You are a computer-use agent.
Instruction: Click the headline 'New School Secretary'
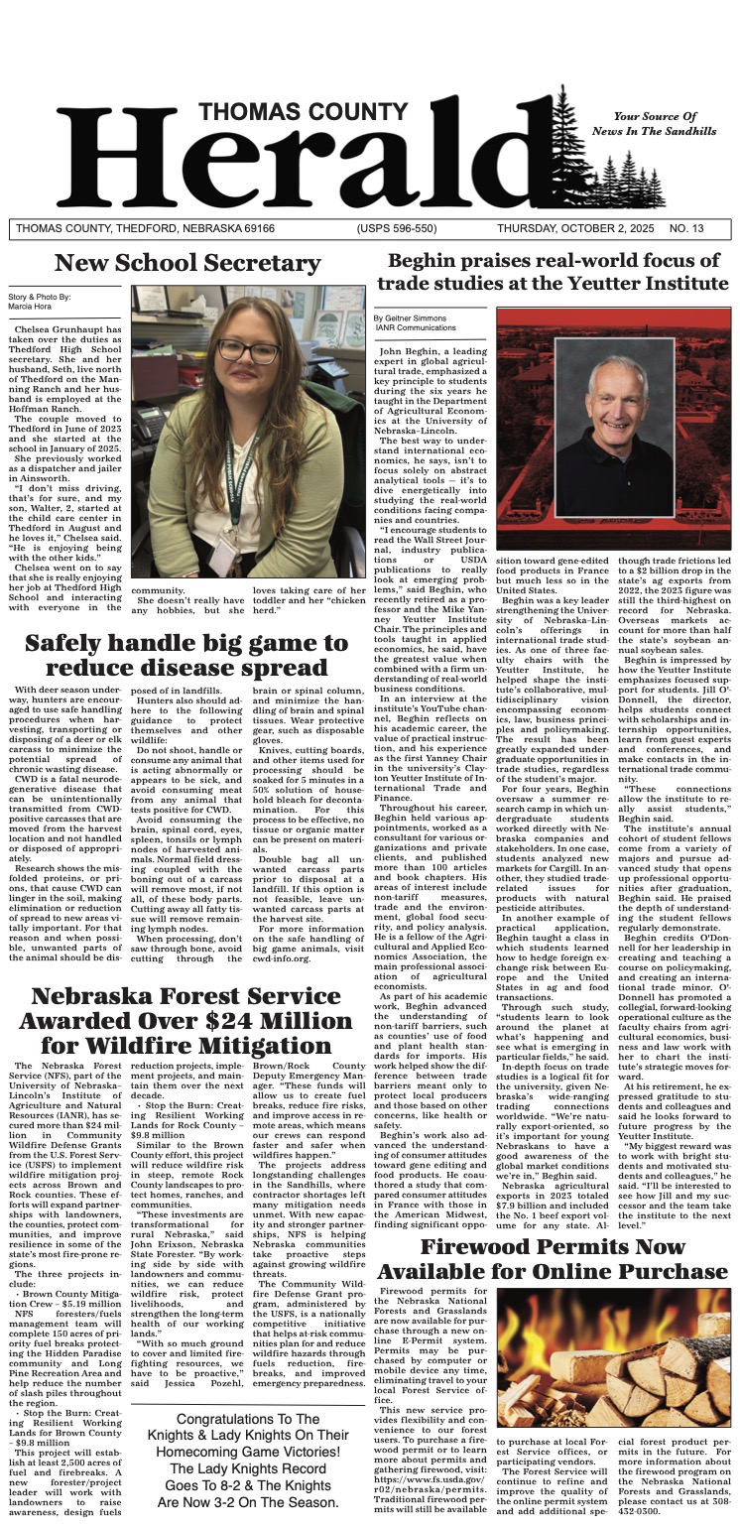point(186,263)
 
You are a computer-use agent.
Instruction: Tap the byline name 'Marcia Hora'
point(28,306)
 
